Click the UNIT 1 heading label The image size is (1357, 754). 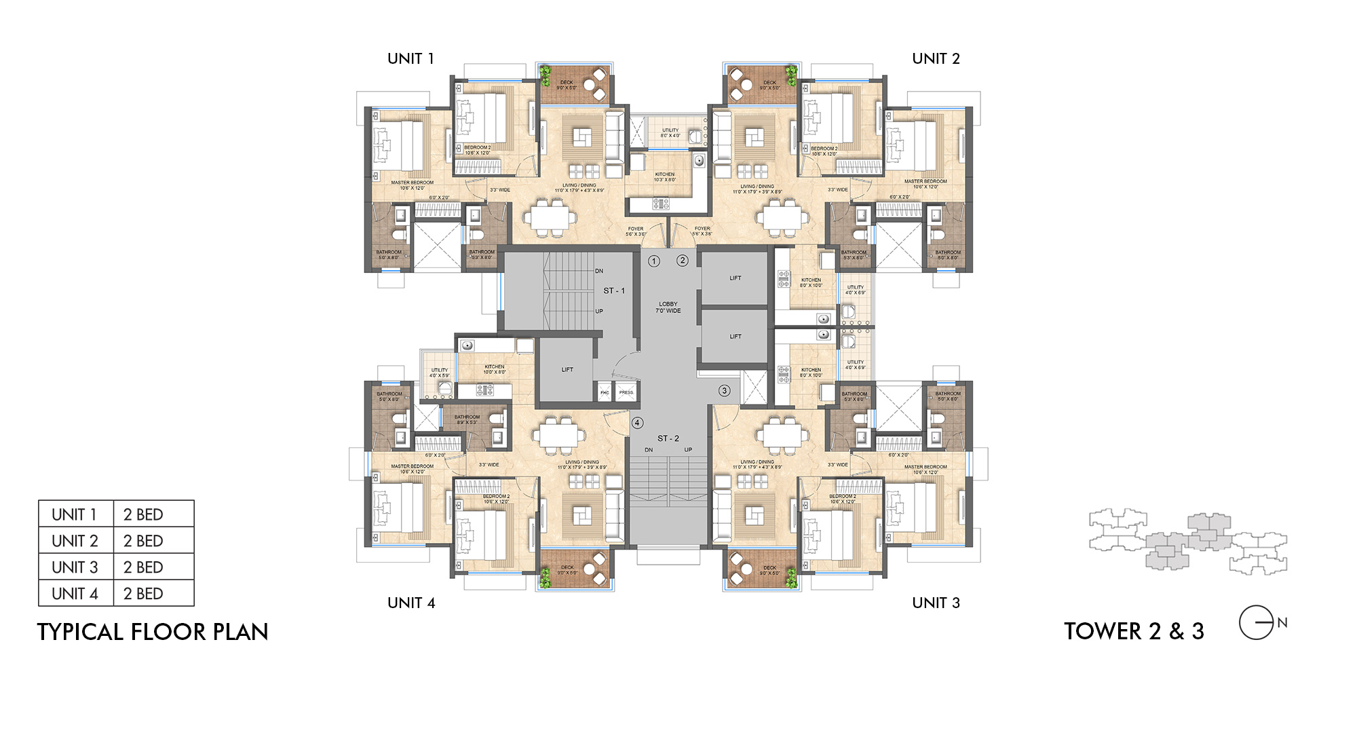pyautogui.click(x=410, y=59)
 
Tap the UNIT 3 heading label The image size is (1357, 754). pyautogui.click(x=936, y=603)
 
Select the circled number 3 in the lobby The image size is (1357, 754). pyautogui.click(x=725, y=390)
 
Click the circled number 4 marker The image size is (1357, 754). pyautogui.click(x=637, y=423)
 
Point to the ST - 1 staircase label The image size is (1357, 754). pyautogui.click(x=614, y=290)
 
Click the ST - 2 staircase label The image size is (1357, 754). pyautogui.click(x=668, y=438)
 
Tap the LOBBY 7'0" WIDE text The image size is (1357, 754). pyautogui.click(x=668, y=307)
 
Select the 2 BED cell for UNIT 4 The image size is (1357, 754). pyautogui.click(x=143, y=594)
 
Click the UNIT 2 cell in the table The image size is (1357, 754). pyautogui.click(x=75, y=541)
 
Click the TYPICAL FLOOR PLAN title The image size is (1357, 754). pyautogui.click(x=153, y=632)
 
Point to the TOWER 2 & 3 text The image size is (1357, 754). pyautogui.click(x=1134, y=631)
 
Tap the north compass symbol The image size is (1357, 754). pyautogui.click(x=1257, y=622)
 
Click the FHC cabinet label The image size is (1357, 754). pyautogui.click(x=605, y=392)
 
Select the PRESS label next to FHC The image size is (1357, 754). pyautogui.click(x=626, y=392)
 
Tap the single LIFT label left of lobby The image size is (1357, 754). pyautogui.click(x=567, y=370)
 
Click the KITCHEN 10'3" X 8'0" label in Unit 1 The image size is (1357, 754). pyautogui.click(x=665, y=177)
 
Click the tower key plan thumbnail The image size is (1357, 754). pyautogui.click(x=1187, y=541)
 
